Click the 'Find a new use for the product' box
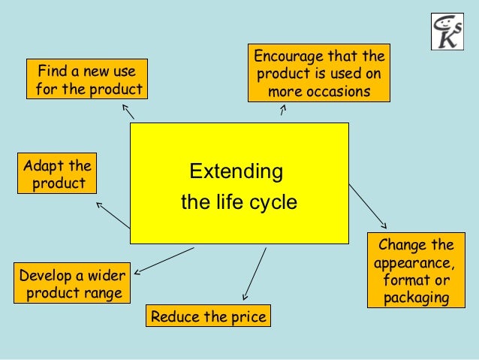point(86,80)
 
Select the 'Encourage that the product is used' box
point(319,73)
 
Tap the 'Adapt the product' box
point(57,174)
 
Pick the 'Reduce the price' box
point(208,316)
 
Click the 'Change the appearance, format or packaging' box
point(416,271)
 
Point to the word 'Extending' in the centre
point(236,171)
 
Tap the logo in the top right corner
point(447,32)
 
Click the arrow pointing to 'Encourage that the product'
point(282,110)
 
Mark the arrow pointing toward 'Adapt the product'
point(113,214)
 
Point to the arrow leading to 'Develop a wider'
point(164,259)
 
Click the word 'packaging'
point(416,298)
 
